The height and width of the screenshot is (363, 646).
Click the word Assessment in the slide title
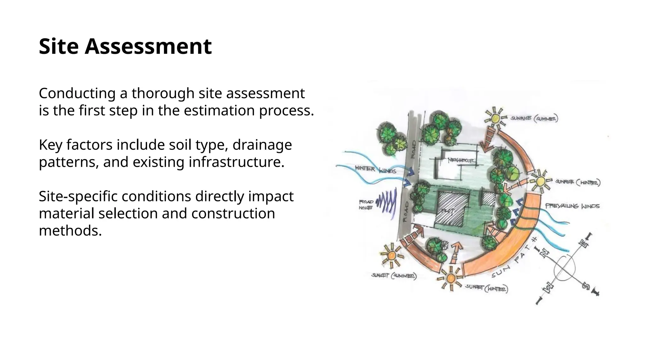[148, 46]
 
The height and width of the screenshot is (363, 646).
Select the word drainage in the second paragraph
[262, 145]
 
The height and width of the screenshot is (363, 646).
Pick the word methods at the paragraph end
[70, 231]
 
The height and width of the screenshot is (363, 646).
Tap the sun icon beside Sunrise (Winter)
[540, 181]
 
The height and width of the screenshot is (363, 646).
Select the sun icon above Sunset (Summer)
[391, 255]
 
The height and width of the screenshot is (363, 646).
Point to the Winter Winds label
[375, 169]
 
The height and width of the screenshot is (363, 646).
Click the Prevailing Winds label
[573, 206]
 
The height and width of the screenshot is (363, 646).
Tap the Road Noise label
[366, 205]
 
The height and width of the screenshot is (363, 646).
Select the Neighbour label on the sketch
[461, 160]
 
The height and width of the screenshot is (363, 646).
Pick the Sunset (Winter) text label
[486, 288]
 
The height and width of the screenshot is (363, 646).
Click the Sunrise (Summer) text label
[534, 118]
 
